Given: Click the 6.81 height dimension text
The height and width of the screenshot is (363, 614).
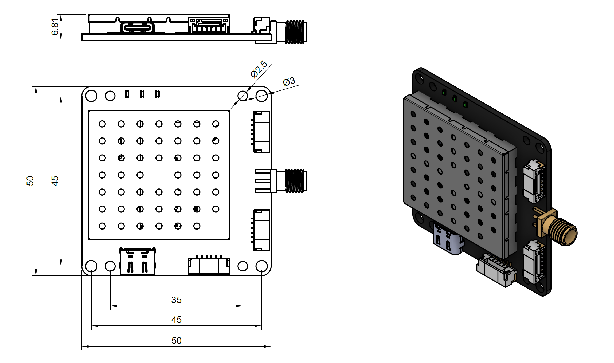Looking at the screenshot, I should (x=55, y=27).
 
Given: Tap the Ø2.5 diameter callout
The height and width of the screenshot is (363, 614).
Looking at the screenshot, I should (x=259, y=69).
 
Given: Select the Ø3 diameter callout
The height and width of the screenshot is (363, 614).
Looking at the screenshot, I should (x=289, y=81).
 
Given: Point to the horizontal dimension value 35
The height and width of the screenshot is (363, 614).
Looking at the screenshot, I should (x=176, y=300).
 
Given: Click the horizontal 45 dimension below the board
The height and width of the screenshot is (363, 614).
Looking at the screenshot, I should (x=176, y=320).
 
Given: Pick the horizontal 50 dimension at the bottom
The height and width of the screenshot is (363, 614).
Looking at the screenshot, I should (x=176, y=341).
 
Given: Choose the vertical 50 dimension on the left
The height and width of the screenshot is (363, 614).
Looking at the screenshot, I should (x=30, y=181).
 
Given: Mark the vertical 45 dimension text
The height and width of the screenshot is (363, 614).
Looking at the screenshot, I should (x=55, y=181).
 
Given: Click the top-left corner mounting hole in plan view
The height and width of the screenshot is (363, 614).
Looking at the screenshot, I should (x=91, y=96).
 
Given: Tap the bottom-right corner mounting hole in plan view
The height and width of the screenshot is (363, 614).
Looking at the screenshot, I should (x=261, y=266).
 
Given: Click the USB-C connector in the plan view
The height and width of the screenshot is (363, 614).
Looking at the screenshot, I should (x=137, y=262).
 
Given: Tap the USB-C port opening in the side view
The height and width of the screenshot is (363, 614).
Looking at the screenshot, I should (x=137, y=27).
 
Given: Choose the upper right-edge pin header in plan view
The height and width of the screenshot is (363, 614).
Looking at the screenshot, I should (x=261, y=132).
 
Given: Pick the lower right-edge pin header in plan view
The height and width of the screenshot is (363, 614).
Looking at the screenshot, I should (x=261, y=230).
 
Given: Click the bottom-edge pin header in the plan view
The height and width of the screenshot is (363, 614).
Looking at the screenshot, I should (x=209, y=266).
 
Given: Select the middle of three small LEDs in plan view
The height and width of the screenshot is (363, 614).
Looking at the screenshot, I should (x=142, y=94).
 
